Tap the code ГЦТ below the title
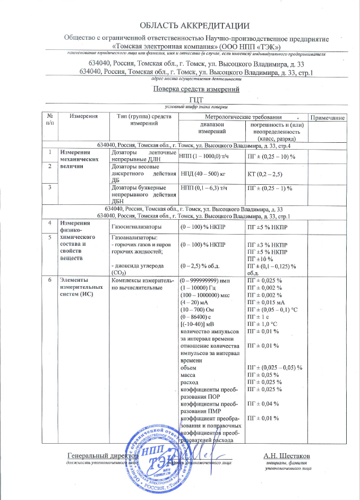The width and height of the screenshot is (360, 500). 196,99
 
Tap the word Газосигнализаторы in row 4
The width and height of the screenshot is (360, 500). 135,227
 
